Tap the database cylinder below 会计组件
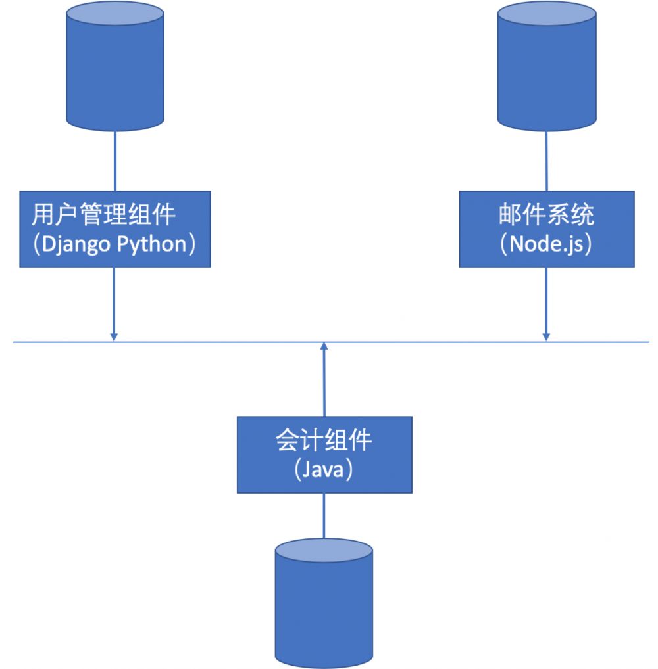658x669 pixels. click(x=324, y=608)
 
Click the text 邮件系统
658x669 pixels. click(x=546, y=215)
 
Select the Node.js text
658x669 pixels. click(x=546, y=244)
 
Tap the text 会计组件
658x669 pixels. click(x=324, y=440)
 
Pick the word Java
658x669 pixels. click(x=324, y=469)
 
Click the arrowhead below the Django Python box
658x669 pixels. click(x=114, y=336)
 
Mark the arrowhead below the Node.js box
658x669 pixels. click(x=546, y=336)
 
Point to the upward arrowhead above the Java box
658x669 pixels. click(x=324, y=347)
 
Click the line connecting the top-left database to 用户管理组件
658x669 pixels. click(x=115, y=161)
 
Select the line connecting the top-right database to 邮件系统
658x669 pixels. click(x=547, y=161)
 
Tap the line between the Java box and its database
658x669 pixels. click(x=324, y=516)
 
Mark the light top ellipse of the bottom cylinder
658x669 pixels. click(x=324, y=551)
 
